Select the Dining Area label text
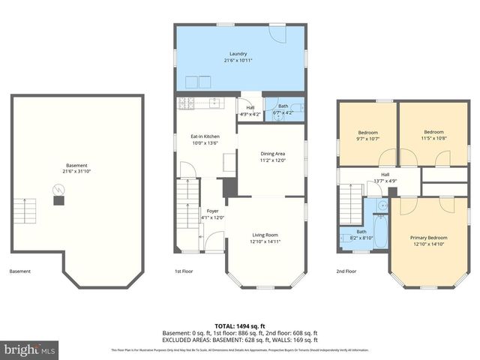(x=271, y=154)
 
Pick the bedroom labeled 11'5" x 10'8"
(x=433, y=135)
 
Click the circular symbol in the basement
(x=58, y=190)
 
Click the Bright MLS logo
(x=29, y=349)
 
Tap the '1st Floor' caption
(x=184, y=271)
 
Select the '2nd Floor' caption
(x=346, y=271)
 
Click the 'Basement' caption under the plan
(x=20, y=271)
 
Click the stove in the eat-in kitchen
(x=186, y=103)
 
